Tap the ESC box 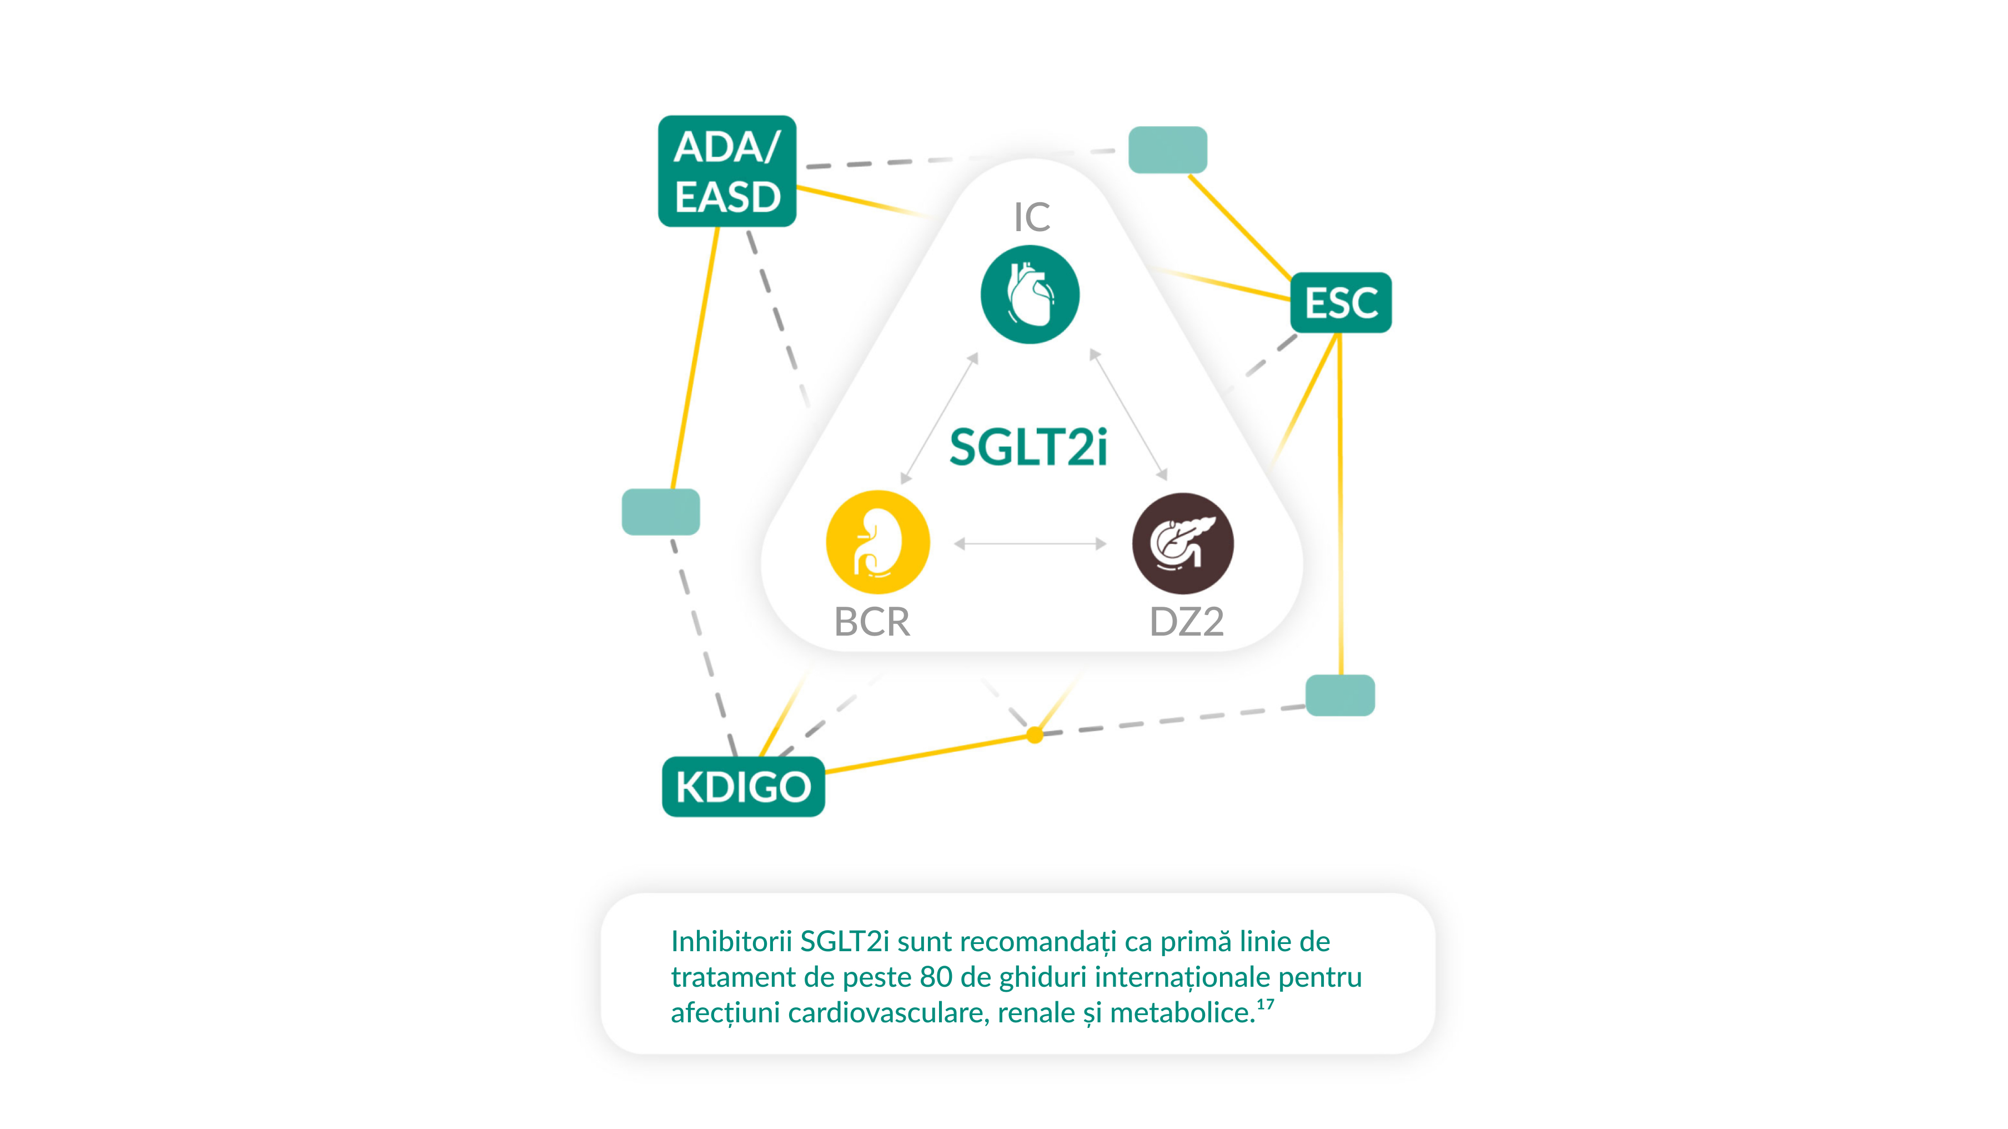pos(1341,302)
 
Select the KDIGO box pos(744,787)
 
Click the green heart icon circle pos(1030,294)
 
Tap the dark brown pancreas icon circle pos(1183,543)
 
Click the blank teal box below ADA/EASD pos(661,512)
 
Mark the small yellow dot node pos(1035,735)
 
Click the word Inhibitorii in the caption pos(731,941)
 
